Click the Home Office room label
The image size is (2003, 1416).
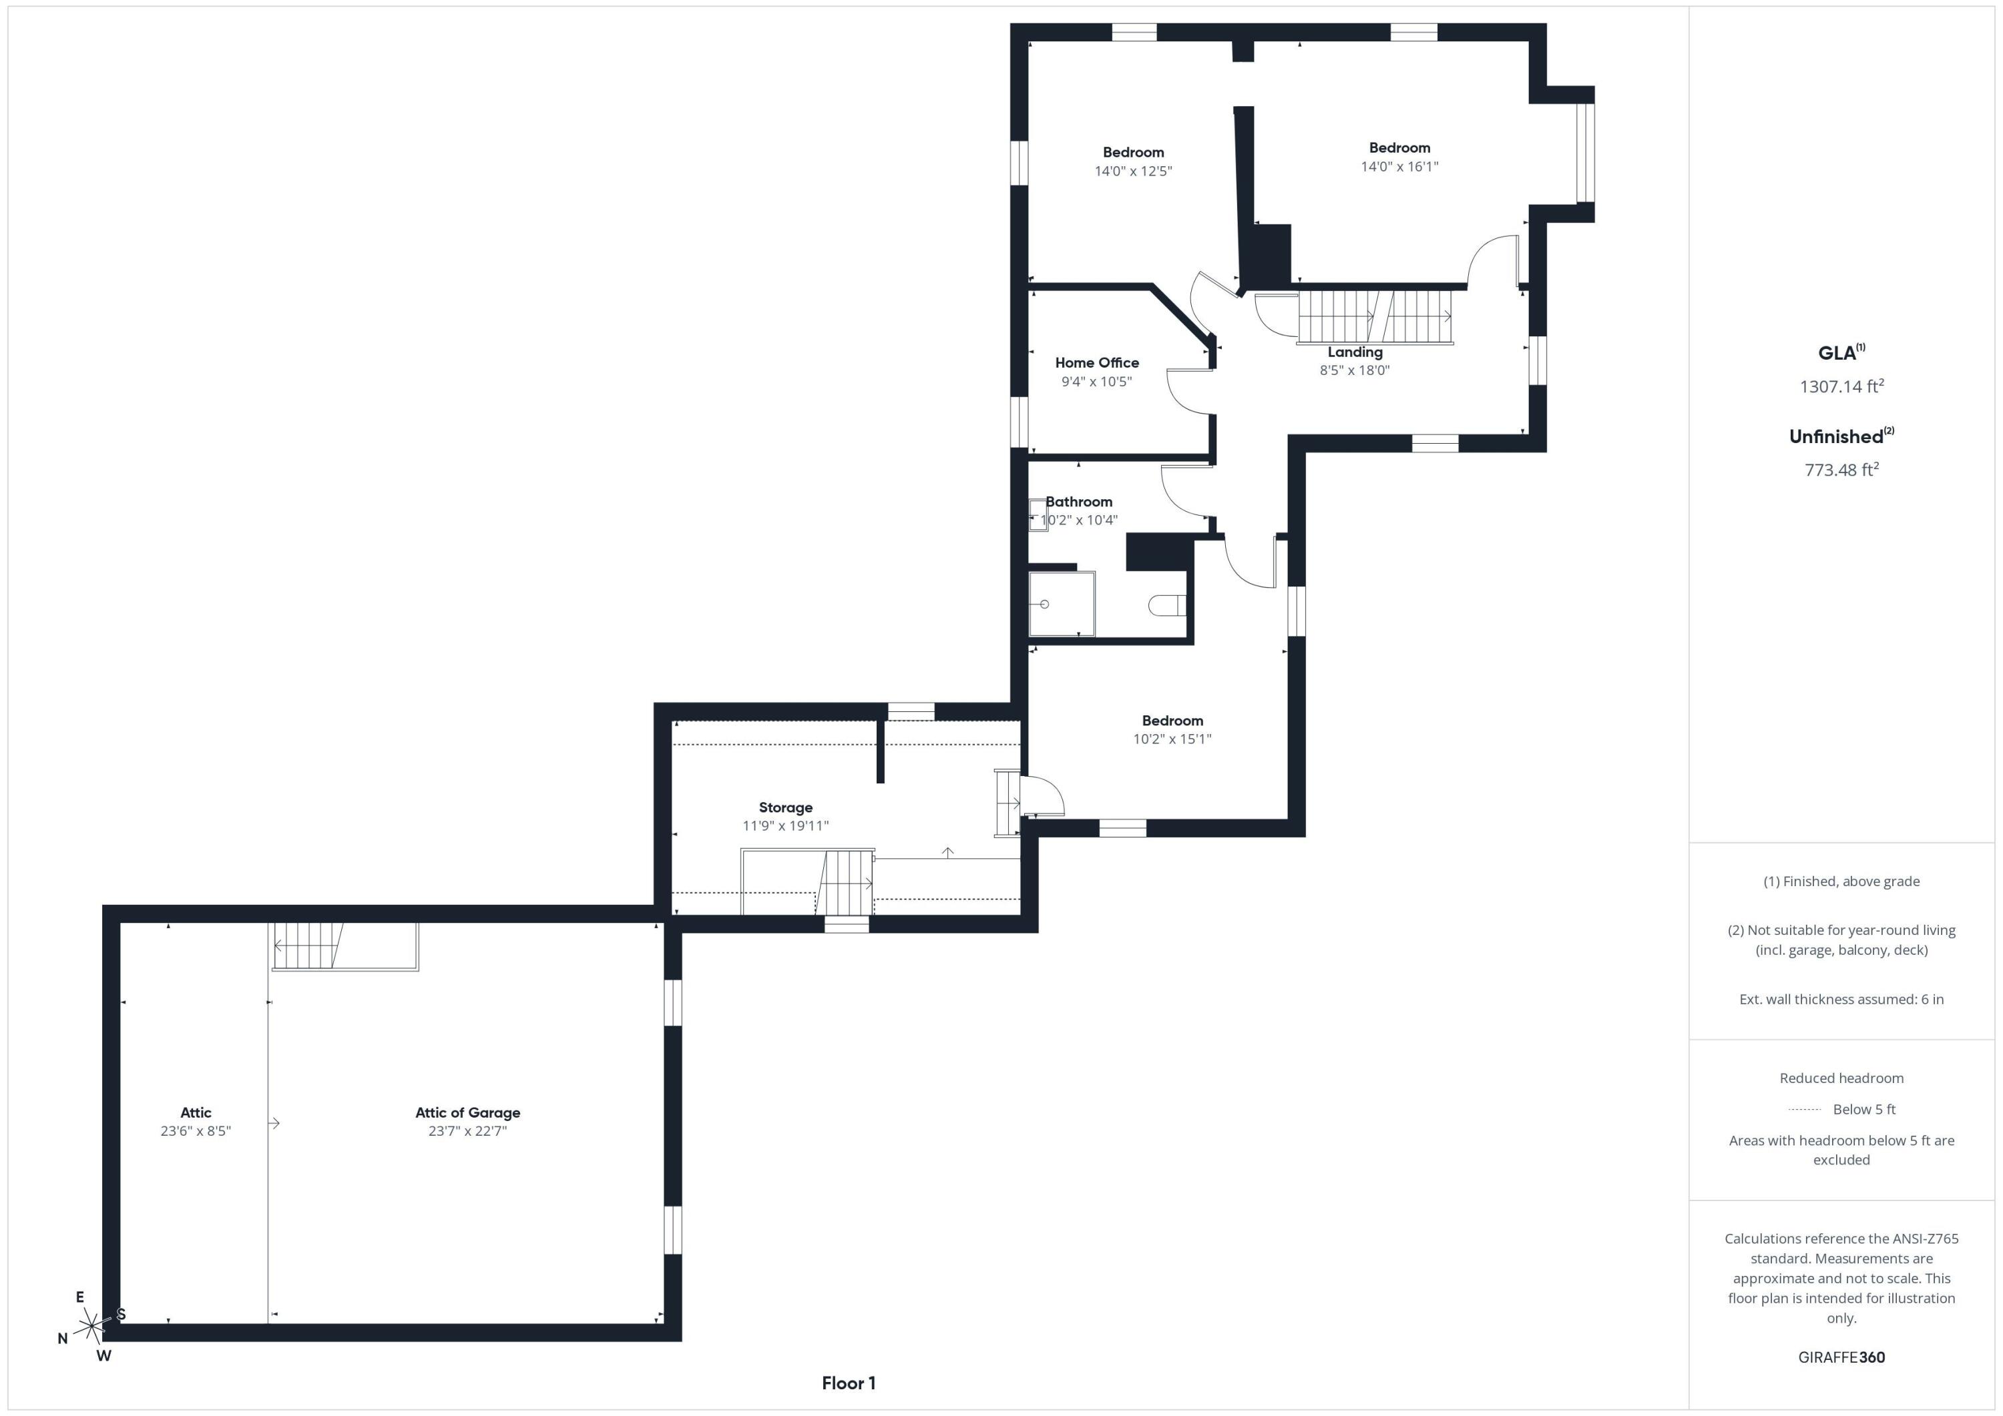point(1096,363)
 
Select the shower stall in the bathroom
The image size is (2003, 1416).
point(1061,603)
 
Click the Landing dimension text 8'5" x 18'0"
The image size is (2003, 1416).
point(1354,370)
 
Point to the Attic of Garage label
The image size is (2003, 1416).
point(467,1112)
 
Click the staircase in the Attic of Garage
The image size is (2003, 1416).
point(308,946)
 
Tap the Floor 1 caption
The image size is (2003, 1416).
point(848,1383)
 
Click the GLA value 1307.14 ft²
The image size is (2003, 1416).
point(1841,386)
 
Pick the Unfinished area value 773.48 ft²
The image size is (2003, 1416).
point(1841,470)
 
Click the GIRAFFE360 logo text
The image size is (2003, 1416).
point(1841,1357)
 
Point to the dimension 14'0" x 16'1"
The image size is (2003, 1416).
point(1399,167)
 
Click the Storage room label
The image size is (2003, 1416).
point(785,807)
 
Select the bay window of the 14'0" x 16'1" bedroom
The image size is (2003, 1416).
point(1584,153)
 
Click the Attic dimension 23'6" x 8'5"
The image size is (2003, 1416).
point(196,1131)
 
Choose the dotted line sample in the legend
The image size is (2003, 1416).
point(1804,1110)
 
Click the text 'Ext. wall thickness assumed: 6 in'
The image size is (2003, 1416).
point(1841,999)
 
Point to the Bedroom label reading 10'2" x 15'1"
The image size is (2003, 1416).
point(1172,721)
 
